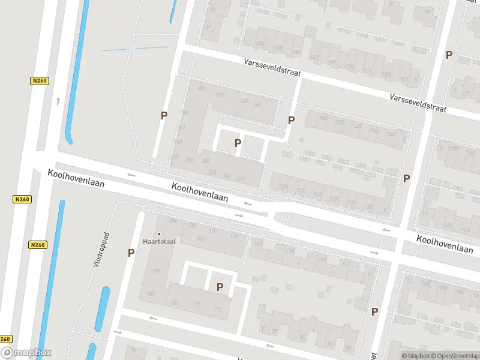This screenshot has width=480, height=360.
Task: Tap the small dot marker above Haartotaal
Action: click(159, 233)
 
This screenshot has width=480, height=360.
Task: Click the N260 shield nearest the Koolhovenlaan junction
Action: click(22, 199)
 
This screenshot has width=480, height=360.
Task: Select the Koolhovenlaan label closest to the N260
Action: click(76, 178)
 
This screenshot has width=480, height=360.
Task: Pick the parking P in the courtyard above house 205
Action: click(238, 143)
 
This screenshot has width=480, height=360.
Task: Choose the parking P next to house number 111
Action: click(220, 287)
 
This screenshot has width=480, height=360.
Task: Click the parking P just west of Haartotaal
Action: click(131, 253)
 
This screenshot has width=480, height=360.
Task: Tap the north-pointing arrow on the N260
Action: click(58, 101)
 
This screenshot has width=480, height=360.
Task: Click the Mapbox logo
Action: click(26, 353)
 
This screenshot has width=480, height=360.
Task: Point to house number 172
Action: click(219, 95)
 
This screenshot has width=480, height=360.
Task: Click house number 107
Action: click(157, 271)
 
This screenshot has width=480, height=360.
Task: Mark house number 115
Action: click(197, 304)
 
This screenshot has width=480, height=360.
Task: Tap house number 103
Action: click(151, 293)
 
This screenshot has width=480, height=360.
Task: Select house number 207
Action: click(190, 160)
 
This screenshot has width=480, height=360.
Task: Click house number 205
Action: click(206, 160)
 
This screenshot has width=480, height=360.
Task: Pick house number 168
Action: click(243, 101)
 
